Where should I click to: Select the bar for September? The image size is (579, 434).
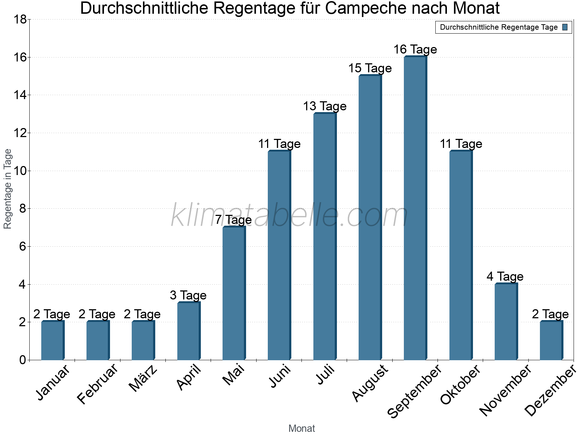415,208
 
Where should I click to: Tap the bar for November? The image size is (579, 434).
506,322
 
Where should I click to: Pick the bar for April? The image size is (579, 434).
189,331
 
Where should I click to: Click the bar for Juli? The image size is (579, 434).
325,237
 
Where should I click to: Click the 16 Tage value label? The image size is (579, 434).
415,50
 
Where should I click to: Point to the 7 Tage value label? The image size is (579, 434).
233,220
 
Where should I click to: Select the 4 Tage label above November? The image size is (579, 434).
505,277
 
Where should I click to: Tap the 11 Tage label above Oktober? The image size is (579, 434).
461,144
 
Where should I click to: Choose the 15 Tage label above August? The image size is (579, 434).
370,68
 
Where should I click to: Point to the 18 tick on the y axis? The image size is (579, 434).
20,20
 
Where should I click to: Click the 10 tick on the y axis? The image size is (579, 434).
20,171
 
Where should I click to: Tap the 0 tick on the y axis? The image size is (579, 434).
23,360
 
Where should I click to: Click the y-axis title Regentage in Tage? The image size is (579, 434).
8,189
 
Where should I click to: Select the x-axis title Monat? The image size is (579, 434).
301,429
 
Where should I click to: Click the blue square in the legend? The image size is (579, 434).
565,27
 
